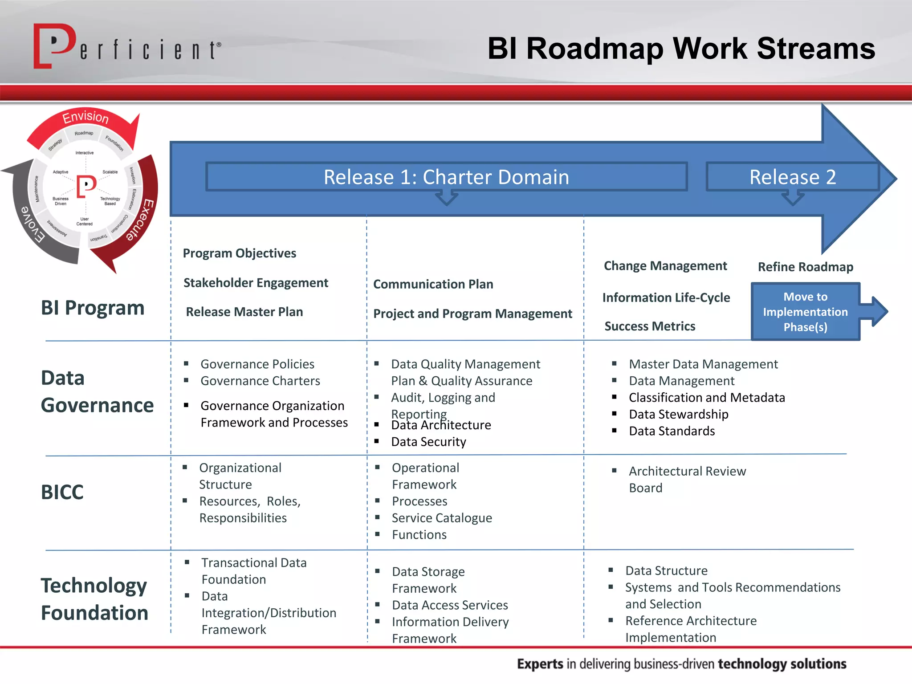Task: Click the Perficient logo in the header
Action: pyautogui.click(x=127, y=47)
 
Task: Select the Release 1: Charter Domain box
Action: pyautogui.click(x=446, y=177)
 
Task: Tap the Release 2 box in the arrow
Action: pyautogui.click(x=792, y=177)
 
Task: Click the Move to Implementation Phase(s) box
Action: pyautogui.click(x=805, y=312)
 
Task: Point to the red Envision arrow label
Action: pyautogui.click(x=85, y=117)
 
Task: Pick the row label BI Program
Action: pyautogui.click(x=93, y=308)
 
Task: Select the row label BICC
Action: pyautogui.click(x=62, y=492)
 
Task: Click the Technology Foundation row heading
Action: pyautogui.click(x=94, y=599)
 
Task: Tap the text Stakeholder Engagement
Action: pyautogui.click(x=256, y=283)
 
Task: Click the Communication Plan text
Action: pyautogui.click(x=433, y=284)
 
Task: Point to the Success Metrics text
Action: pyautogui.click(x=650, y=326)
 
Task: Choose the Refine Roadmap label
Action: pyautogui.click(x=805, y=267)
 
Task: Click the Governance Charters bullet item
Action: pyautogui.click(x=260, y=381)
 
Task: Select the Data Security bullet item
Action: pyautogui.click(x=428, y=442)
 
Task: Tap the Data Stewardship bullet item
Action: pyautogui.click(x=678, y=414)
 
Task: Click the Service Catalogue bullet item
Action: pyautogui.click(x=442, y=518)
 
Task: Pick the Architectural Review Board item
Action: pyautogui.click(x=687, y=479)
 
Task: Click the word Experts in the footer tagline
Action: pyautogui.click(x=540, y=664)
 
